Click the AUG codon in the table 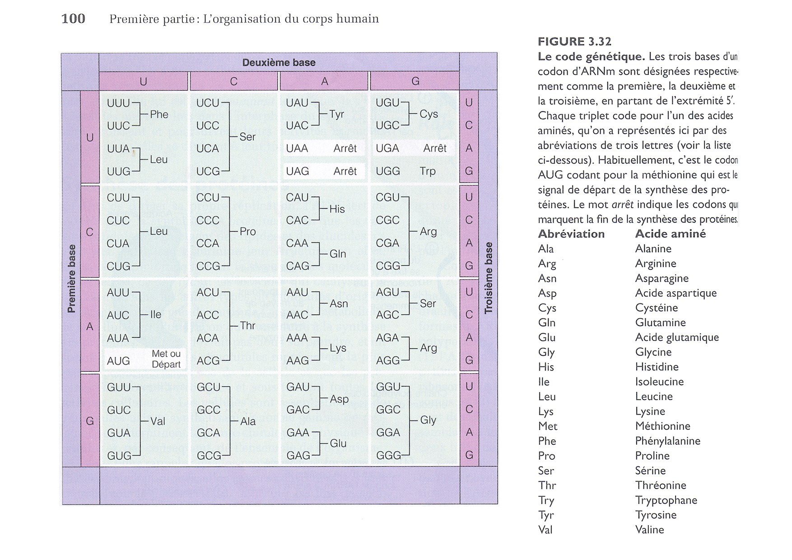[118, 361]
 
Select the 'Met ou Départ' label [166, 359]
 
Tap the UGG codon [388, 171]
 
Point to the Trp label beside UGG [428, 171]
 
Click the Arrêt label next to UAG [345, 171]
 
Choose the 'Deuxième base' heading [279, 62]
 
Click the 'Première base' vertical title [71, 279]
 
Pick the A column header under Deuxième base [324, 81]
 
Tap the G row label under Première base [90, 421]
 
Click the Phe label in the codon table [159, 114]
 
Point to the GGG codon [388, 455]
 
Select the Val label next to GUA [158, 421]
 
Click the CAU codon [298, 197]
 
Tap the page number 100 [73, 19]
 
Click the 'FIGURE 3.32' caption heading [574, 42]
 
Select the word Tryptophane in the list [666, 500]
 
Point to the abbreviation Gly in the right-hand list [546, 352]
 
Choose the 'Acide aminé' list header [670, 233]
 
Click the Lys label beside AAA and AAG [338, 348]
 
